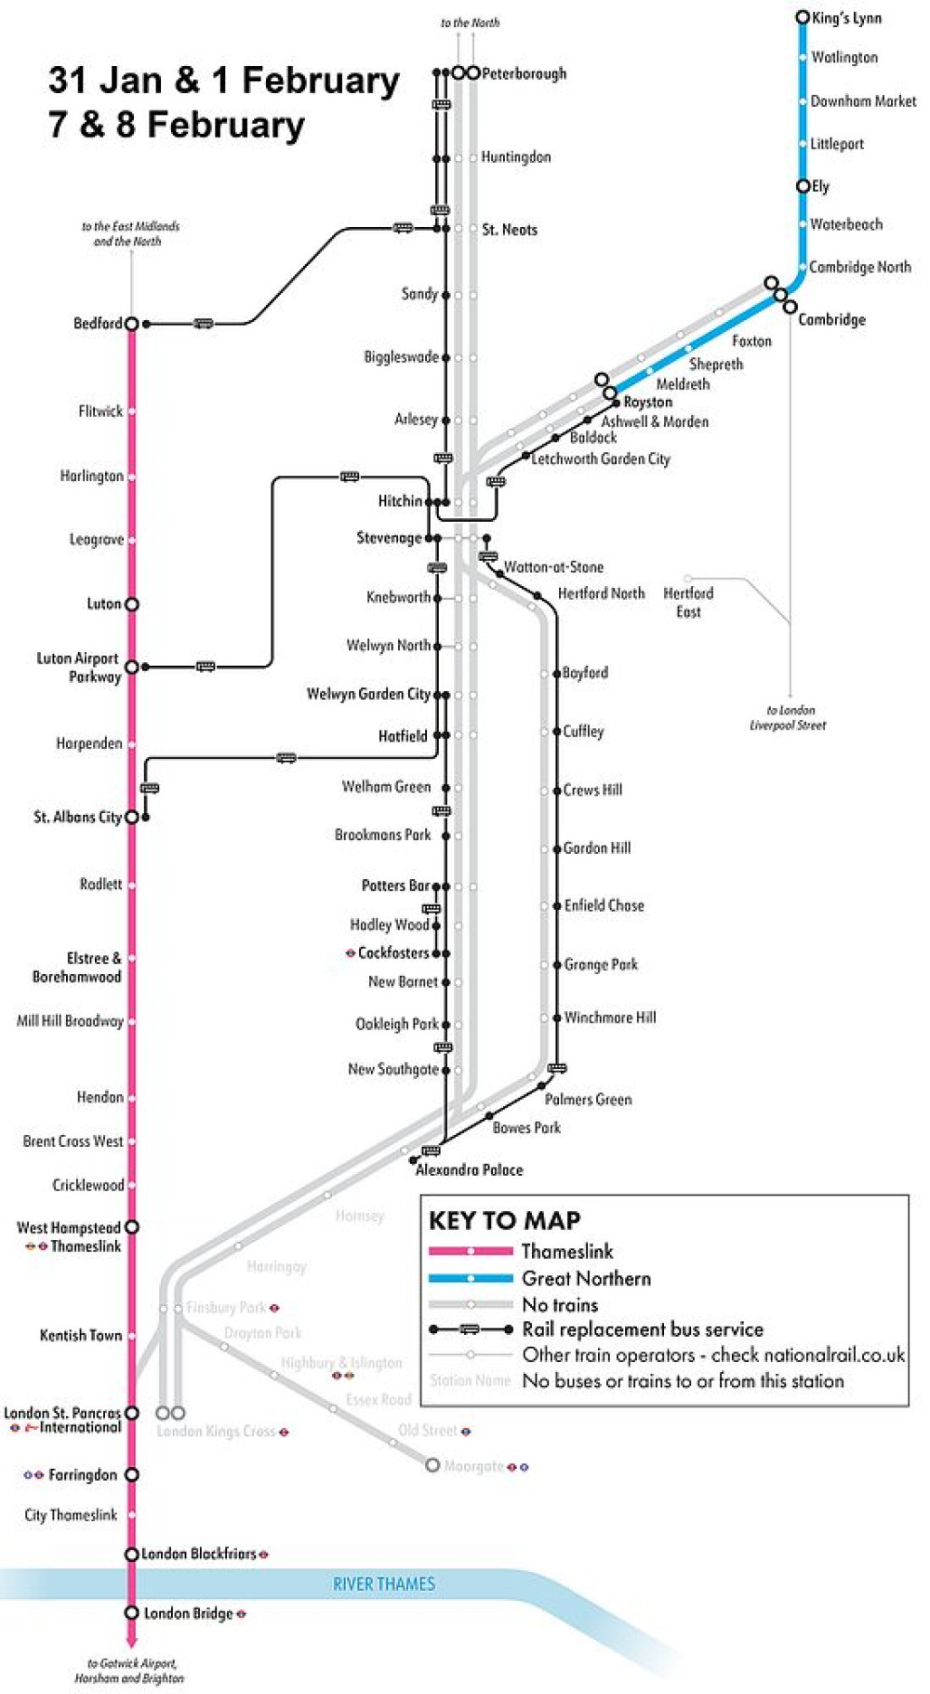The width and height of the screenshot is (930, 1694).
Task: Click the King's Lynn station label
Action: click(846, 18)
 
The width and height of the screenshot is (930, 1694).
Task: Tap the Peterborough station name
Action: click(524, 73)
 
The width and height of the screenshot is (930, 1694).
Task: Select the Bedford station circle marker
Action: click(132, 324)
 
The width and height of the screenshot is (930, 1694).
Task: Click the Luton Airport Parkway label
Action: click(79, 667)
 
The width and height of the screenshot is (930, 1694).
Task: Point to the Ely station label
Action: click(820, 186)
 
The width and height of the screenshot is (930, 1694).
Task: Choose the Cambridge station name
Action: click(831, 319)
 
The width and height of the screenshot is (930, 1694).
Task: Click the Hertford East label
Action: click(688, 602)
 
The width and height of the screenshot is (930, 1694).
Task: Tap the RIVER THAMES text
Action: click(384, 1583)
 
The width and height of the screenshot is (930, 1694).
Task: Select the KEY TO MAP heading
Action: click(504, 1220)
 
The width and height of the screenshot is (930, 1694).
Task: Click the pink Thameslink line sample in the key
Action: click(471, 1251)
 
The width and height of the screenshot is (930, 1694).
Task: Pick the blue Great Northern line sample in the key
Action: click(471, 1277)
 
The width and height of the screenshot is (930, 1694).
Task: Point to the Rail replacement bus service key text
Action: click(643, 1328)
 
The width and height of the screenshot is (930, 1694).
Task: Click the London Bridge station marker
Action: click(132, 1612)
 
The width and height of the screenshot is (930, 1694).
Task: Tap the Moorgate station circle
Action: click(432, 1465)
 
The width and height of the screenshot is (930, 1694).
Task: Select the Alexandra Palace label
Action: click(469, 1169)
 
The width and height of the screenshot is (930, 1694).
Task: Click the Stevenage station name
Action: click(389, 538)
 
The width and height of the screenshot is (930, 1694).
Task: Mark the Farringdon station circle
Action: click(132, 1474)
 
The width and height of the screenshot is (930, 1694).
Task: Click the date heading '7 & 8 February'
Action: click(177, 125)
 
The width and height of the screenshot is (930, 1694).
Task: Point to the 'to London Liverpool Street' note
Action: click(788, 717)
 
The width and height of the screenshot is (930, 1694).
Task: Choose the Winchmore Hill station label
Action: click(610, 1018)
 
